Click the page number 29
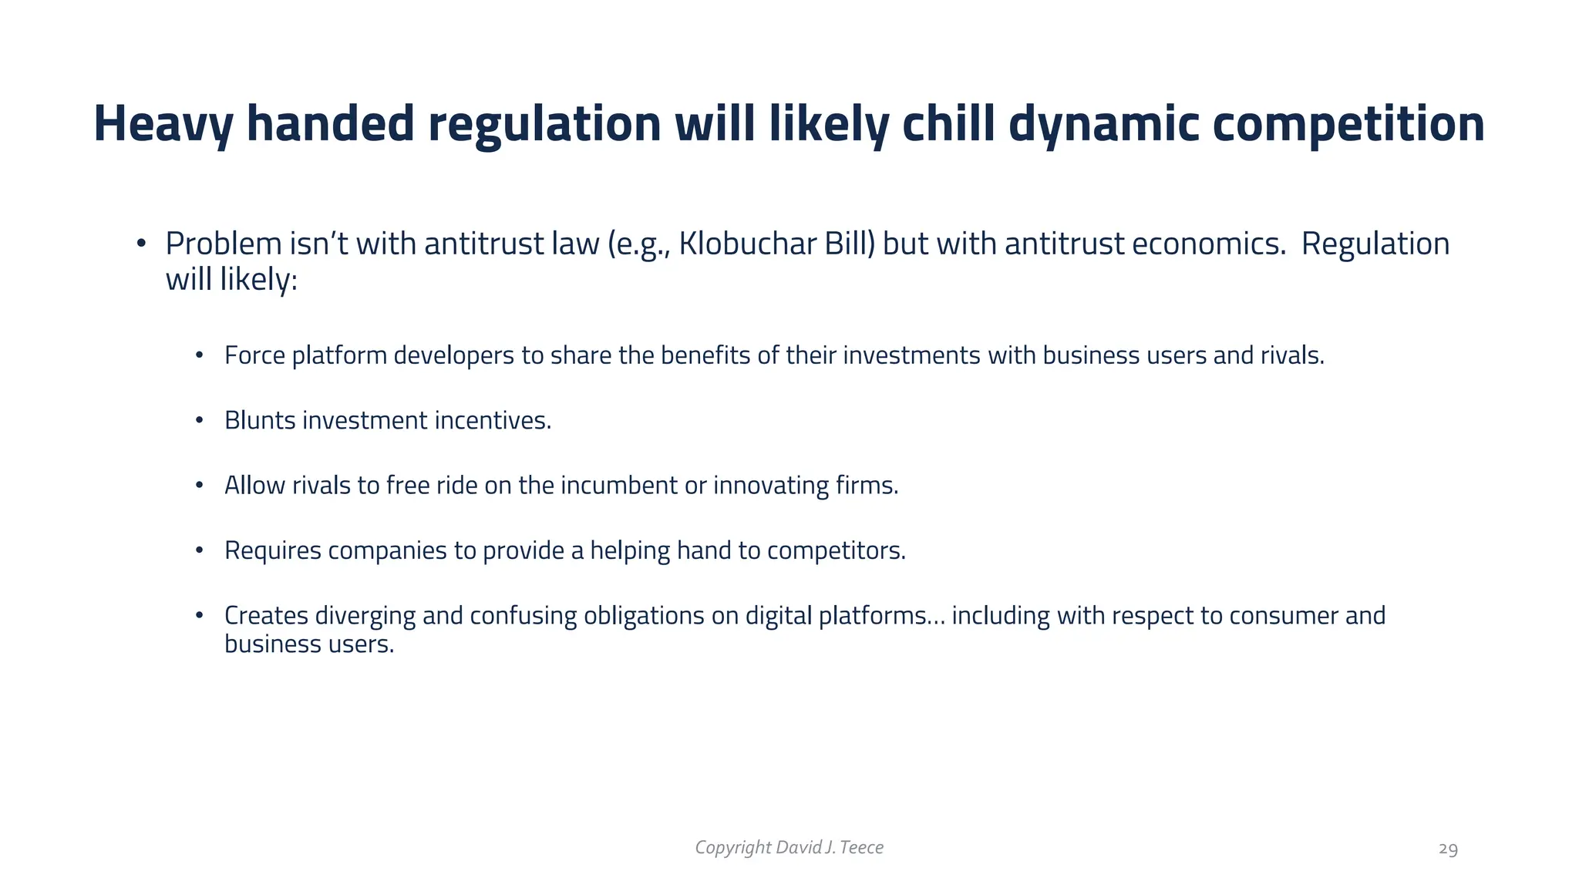tap(1448, 849)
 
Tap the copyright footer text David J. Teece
tap(829, 847)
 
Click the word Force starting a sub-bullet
tap(254, 355)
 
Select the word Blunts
tap(260, 420)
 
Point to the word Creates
tap(266, 616)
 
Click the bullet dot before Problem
tap(140, 244)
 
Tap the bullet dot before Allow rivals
tap(199, 486)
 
